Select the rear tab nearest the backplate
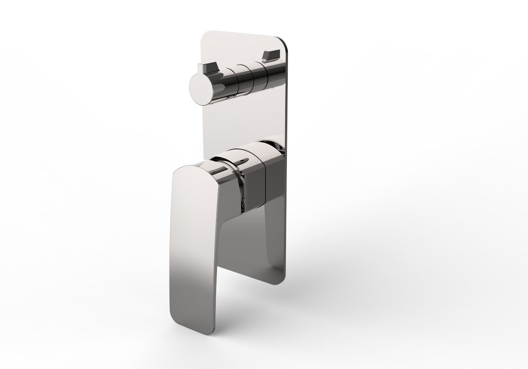click(271, 55)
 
